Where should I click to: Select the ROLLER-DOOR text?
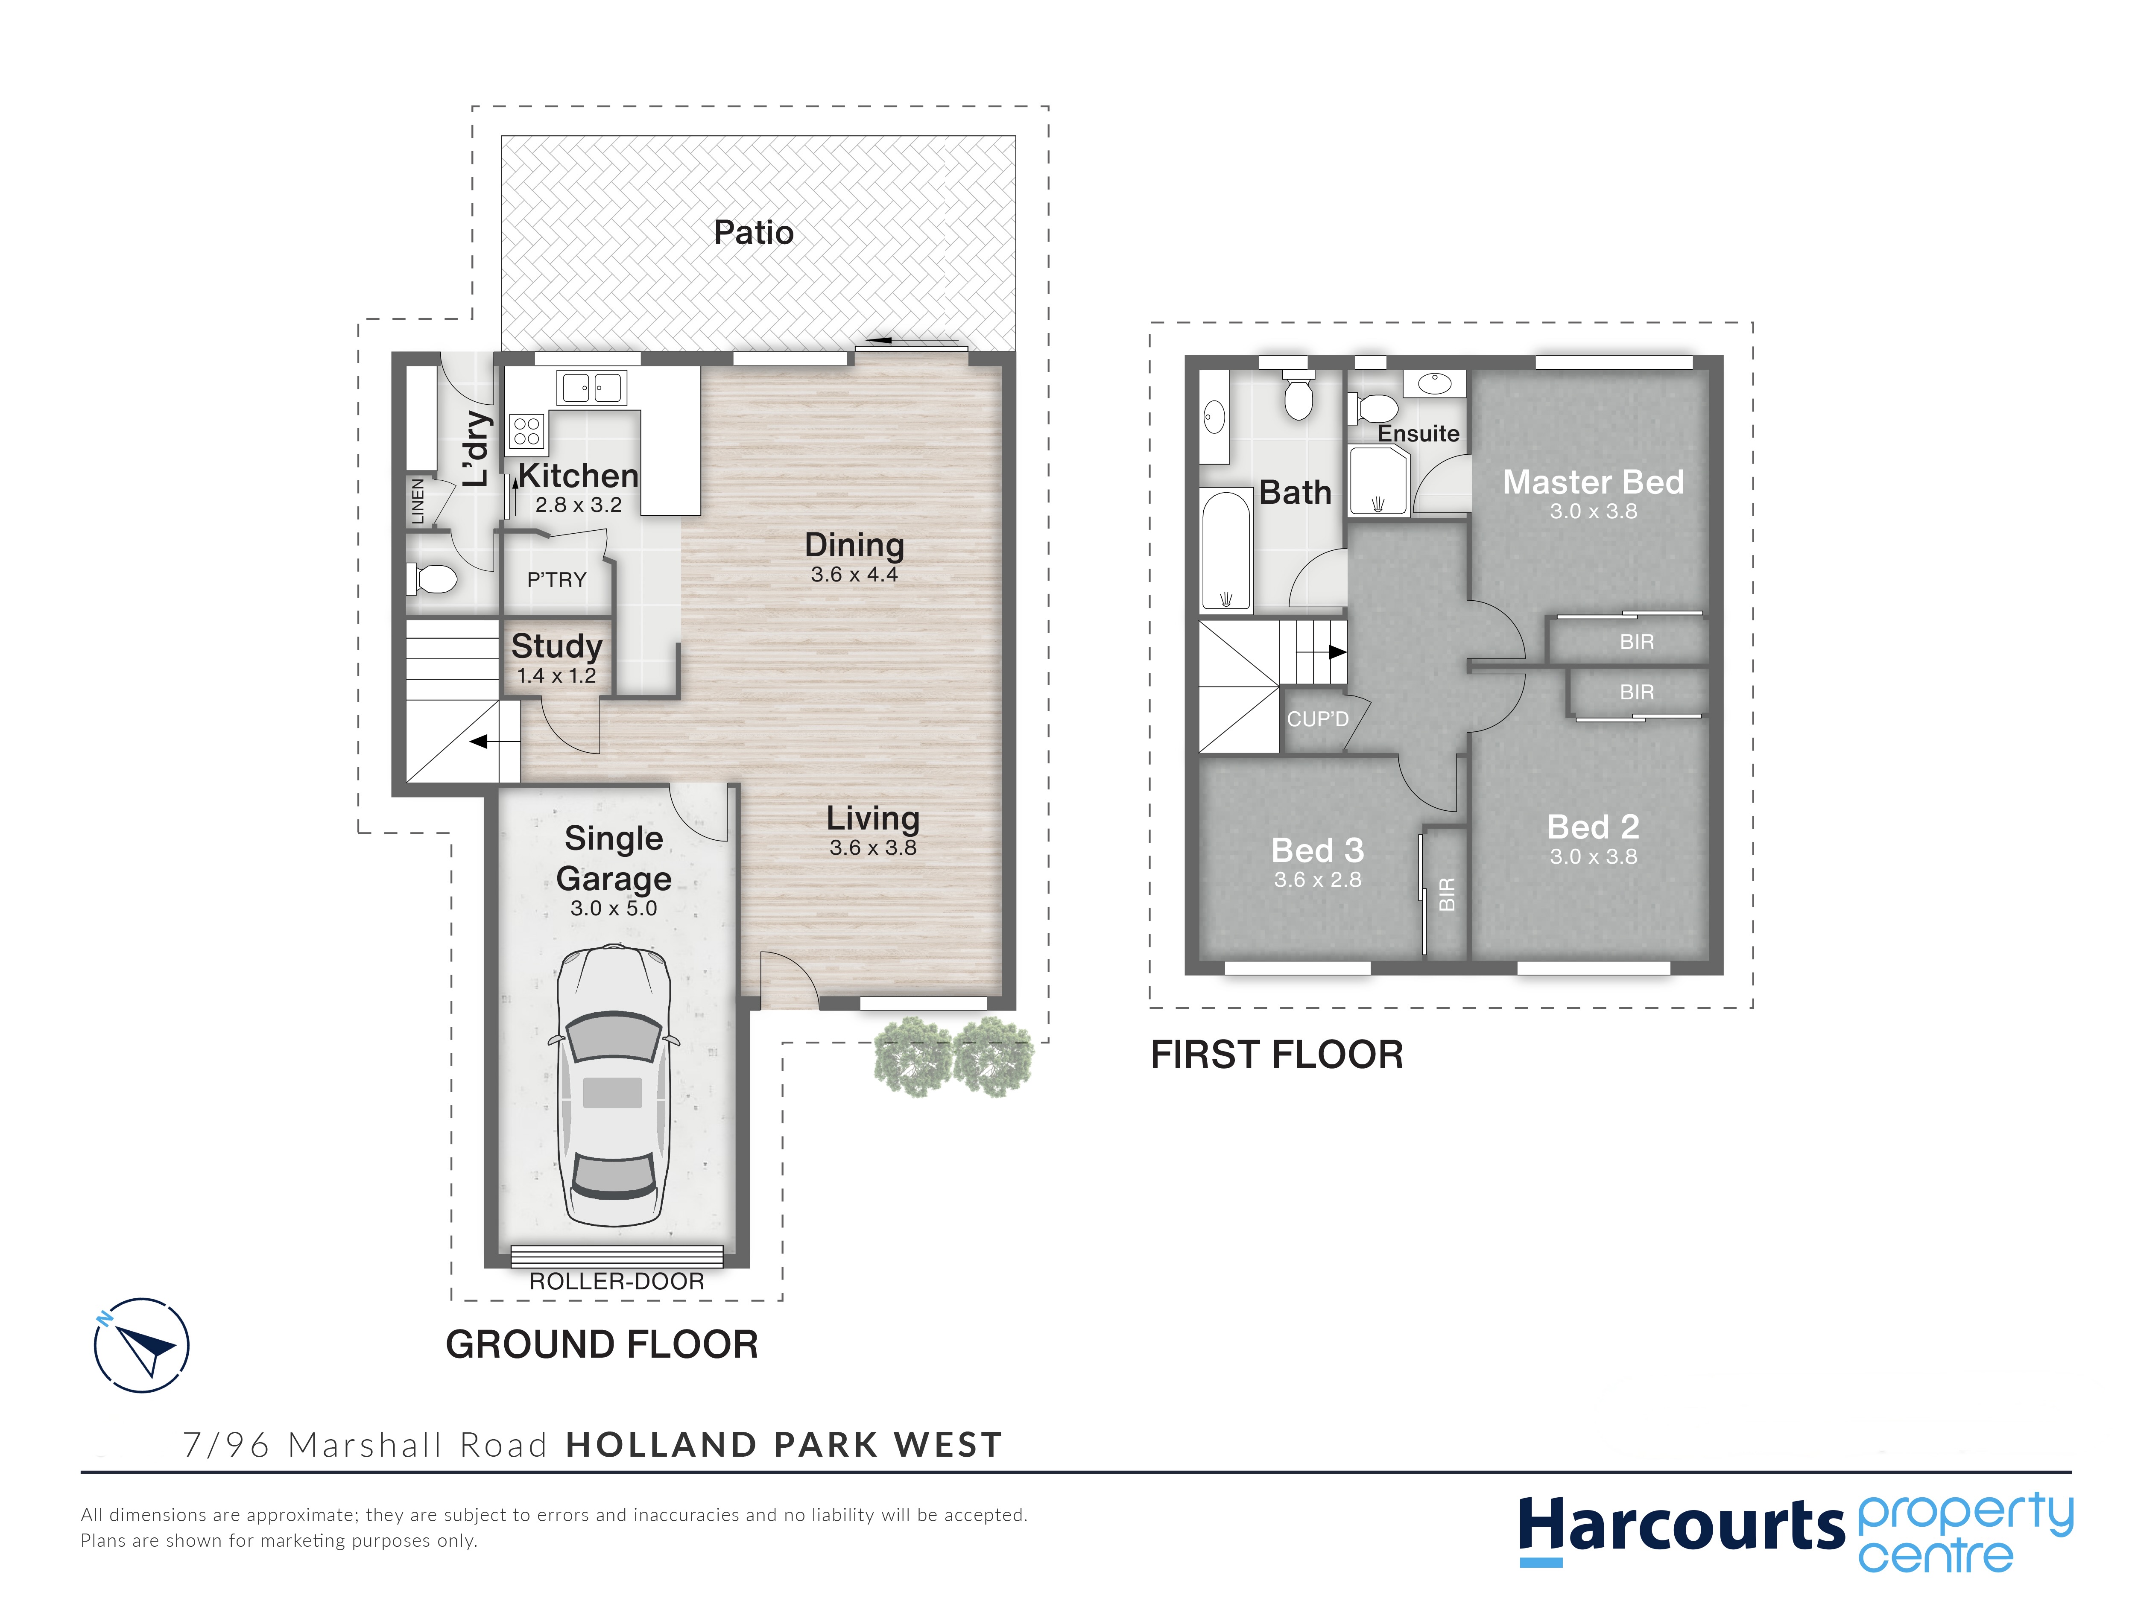617,1282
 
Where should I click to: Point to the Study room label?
557,646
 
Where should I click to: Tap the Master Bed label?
1594,482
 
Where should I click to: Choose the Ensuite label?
1418,433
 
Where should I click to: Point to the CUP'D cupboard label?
1317,719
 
